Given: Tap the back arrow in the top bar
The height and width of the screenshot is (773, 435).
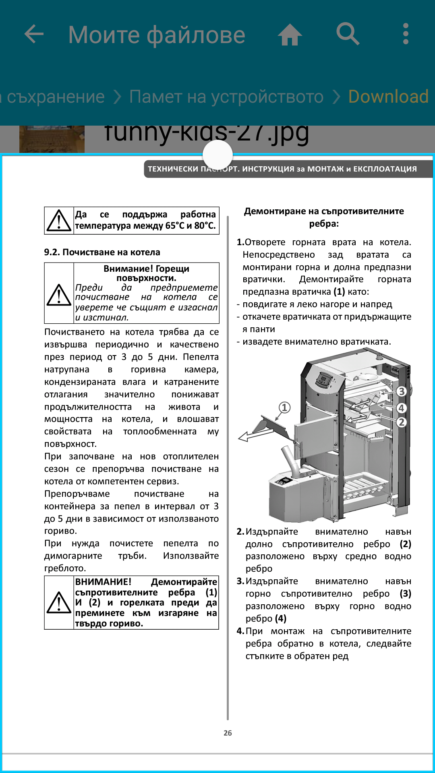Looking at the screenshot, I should coord(34,34).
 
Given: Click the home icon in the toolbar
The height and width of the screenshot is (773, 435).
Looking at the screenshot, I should coord(290,35).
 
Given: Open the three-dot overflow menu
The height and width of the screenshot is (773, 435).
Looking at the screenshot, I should coord(406,34).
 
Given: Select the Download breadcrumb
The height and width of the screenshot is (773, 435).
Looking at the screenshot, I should coord(388,97).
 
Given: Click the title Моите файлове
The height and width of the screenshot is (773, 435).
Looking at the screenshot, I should coord(157,35).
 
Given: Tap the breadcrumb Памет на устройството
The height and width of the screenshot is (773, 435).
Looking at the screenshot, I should coord(226,97).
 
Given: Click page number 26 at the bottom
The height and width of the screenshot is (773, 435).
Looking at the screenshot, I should coord(228,733).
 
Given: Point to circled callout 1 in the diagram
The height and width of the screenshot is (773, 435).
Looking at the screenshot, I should coord(284,407).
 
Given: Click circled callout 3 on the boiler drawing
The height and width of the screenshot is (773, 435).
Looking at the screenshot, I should coord(401,391).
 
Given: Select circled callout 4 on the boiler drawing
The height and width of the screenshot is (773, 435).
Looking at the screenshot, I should coord(401,408).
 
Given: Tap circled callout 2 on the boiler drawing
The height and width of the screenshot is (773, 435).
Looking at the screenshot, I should coord(401,422).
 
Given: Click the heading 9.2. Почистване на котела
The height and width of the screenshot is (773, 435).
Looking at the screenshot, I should coord(102,252).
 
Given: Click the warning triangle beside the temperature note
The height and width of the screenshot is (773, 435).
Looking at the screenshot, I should coord(59,221).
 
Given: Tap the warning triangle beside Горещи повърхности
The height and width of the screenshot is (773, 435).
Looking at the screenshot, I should coord(59,295).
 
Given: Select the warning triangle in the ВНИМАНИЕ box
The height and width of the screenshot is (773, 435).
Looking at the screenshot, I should coord(59,602).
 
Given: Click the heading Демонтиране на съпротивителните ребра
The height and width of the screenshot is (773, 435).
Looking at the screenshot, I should coord(324,217).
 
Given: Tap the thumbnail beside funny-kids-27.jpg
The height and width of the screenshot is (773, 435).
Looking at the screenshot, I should coord(52,139).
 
